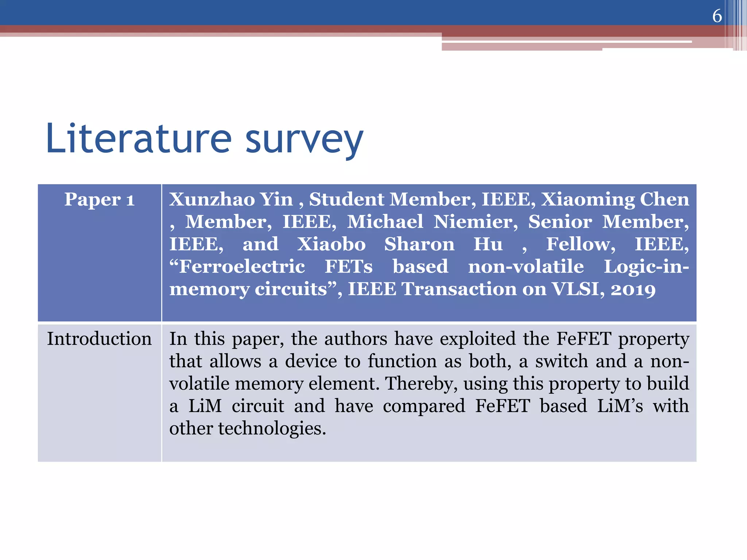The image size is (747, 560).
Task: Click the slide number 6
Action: [717, 16]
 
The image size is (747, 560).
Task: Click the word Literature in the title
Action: [139, 139]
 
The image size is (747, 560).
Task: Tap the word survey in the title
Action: [304, 140]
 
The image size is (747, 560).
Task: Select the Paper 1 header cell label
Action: [100, 200]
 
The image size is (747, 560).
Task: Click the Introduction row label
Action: [99, 339]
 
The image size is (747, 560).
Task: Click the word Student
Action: [346, 199]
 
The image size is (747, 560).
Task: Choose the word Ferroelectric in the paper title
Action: [237, 267]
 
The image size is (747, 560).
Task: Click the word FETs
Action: [349, 267]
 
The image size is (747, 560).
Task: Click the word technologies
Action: [272, 428]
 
